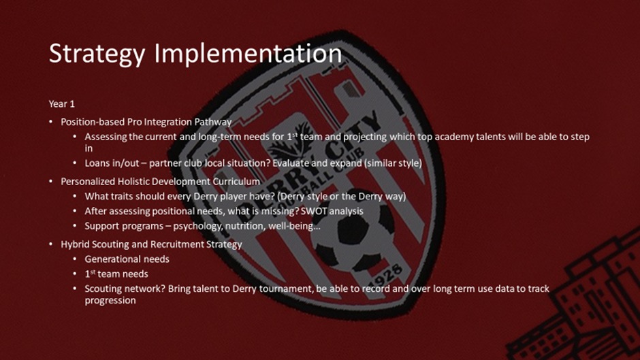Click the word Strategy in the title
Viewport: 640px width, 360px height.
click(97, 54)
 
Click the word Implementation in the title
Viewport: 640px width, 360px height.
click(248, 54)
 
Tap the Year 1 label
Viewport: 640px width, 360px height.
click(62, 104)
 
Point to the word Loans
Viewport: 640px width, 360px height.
click(95, 163)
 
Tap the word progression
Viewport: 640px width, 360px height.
click(110, 301)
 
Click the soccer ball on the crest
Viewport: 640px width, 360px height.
click(353, 232)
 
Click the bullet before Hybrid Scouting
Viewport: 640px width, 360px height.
click(50, 244)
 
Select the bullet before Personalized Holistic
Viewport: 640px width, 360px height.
click(50, 181)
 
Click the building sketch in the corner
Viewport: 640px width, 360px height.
click(579, 302)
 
